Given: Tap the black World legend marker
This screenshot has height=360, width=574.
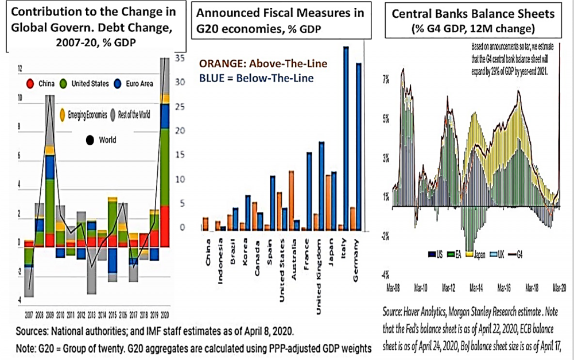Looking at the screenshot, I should point(90,140).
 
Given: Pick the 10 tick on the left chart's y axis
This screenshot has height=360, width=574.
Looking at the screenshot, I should point(21,98).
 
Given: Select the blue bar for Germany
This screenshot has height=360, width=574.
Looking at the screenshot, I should point(358,146).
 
